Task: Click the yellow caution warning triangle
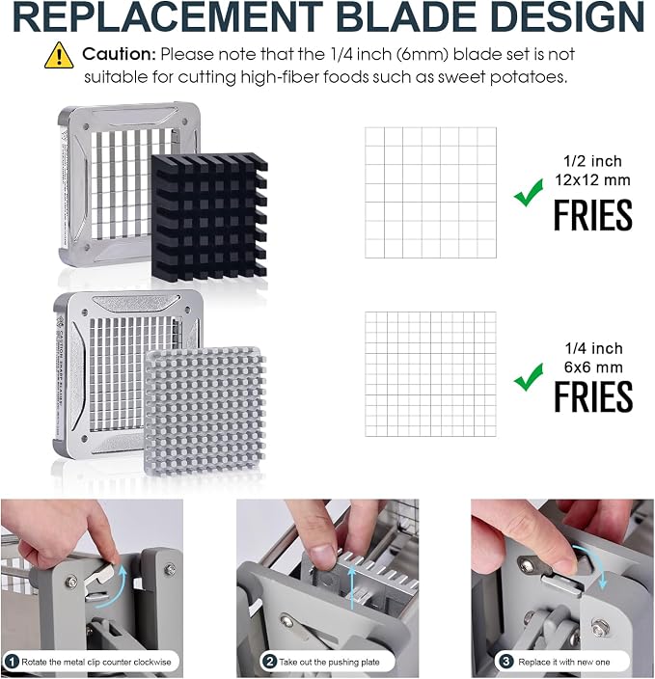(x=59, y=55)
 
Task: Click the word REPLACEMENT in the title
(x=168, y=16)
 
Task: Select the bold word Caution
(x=119, y=54)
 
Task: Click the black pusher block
(x=209, y=216)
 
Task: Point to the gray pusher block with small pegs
(x=205, y=412)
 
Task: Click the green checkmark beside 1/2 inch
(x=529, y=193)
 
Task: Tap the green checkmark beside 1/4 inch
(x=529, y=377)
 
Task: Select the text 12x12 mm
(x=592, y=179)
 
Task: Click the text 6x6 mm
(x=593, y=367)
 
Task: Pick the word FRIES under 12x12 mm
(x=593, y=215)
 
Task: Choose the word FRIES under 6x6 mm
(x=593, y=396)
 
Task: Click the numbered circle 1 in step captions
(x=13, y=662)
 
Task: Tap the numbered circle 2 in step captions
(x=270, y=662)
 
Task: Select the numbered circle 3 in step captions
(x=505, y=662)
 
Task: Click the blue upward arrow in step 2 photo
(x=352, y=589)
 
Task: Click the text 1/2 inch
(x=592, y=161)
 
